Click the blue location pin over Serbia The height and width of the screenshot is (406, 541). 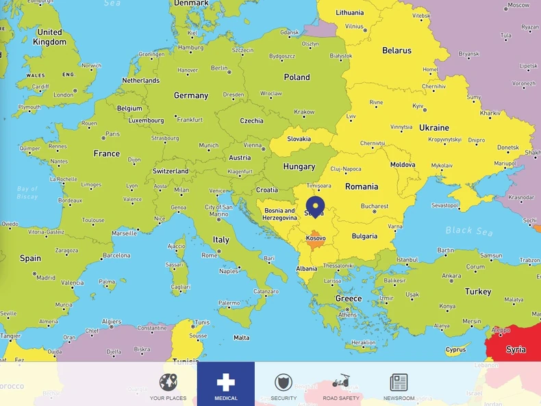click(x=315, y=205)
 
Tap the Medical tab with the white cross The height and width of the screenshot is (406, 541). click(x=226, y=384)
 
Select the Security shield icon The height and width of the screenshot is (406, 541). click(x=284, y=383)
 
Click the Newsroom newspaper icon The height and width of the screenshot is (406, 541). click(x=399, y=383)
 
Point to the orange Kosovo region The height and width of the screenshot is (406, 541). click(x=316, y=241)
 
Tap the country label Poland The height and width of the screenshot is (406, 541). click(x=297, y=77)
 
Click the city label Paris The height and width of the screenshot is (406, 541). click(x=112, y=134)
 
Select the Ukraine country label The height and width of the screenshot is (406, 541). click(x=434, y=128)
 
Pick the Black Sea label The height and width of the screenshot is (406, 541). click(x=469, y=231)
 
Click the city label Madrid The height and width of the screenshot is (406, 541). click(x=46, y=278)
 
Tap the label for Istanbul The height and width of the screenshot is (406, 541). click(x=407, y=260)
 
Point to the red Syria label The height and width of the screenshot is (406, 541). click(x=516, y=349)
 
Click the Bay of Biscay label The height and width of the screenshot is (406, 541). click(x=27, y=192)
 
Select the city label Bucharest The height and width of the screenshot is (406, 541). click(x=375, y=206)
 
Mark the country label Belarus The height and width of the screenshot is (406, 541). click(x=397, y=51)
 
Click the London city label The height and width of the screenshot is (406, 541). click(x=63, y=95)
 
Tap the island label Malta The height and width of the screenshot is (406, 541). click(x=241, y=338)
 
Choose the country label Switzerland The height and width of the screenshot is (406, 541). click(x=171, y=171)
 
